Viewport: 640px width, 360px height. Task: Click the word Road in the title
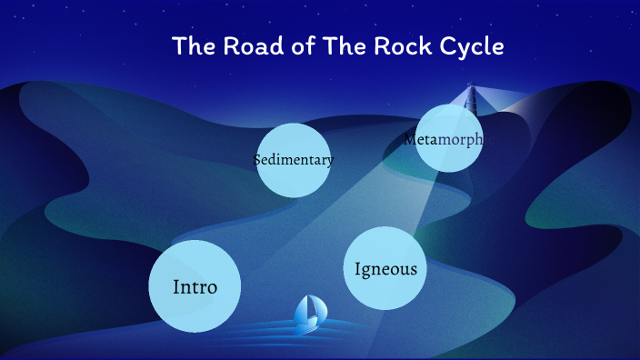246,46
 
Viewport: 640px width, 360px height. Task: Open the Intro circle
195,286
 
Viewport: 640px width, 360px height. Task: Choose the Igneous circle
385,268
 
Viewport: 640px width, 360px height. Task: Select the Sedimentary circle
293,160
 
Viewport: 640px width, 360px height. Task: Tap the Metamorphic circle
448,138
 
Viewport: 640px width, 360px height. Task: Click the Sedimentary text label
294,160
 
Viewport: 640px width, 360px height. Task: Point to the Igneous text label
386,269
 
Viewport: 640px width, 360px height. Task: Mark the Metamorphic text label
449,139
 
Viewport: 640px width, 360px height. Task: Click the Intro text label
195,287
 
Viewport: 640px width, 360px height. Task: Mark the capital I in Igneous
358,269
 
